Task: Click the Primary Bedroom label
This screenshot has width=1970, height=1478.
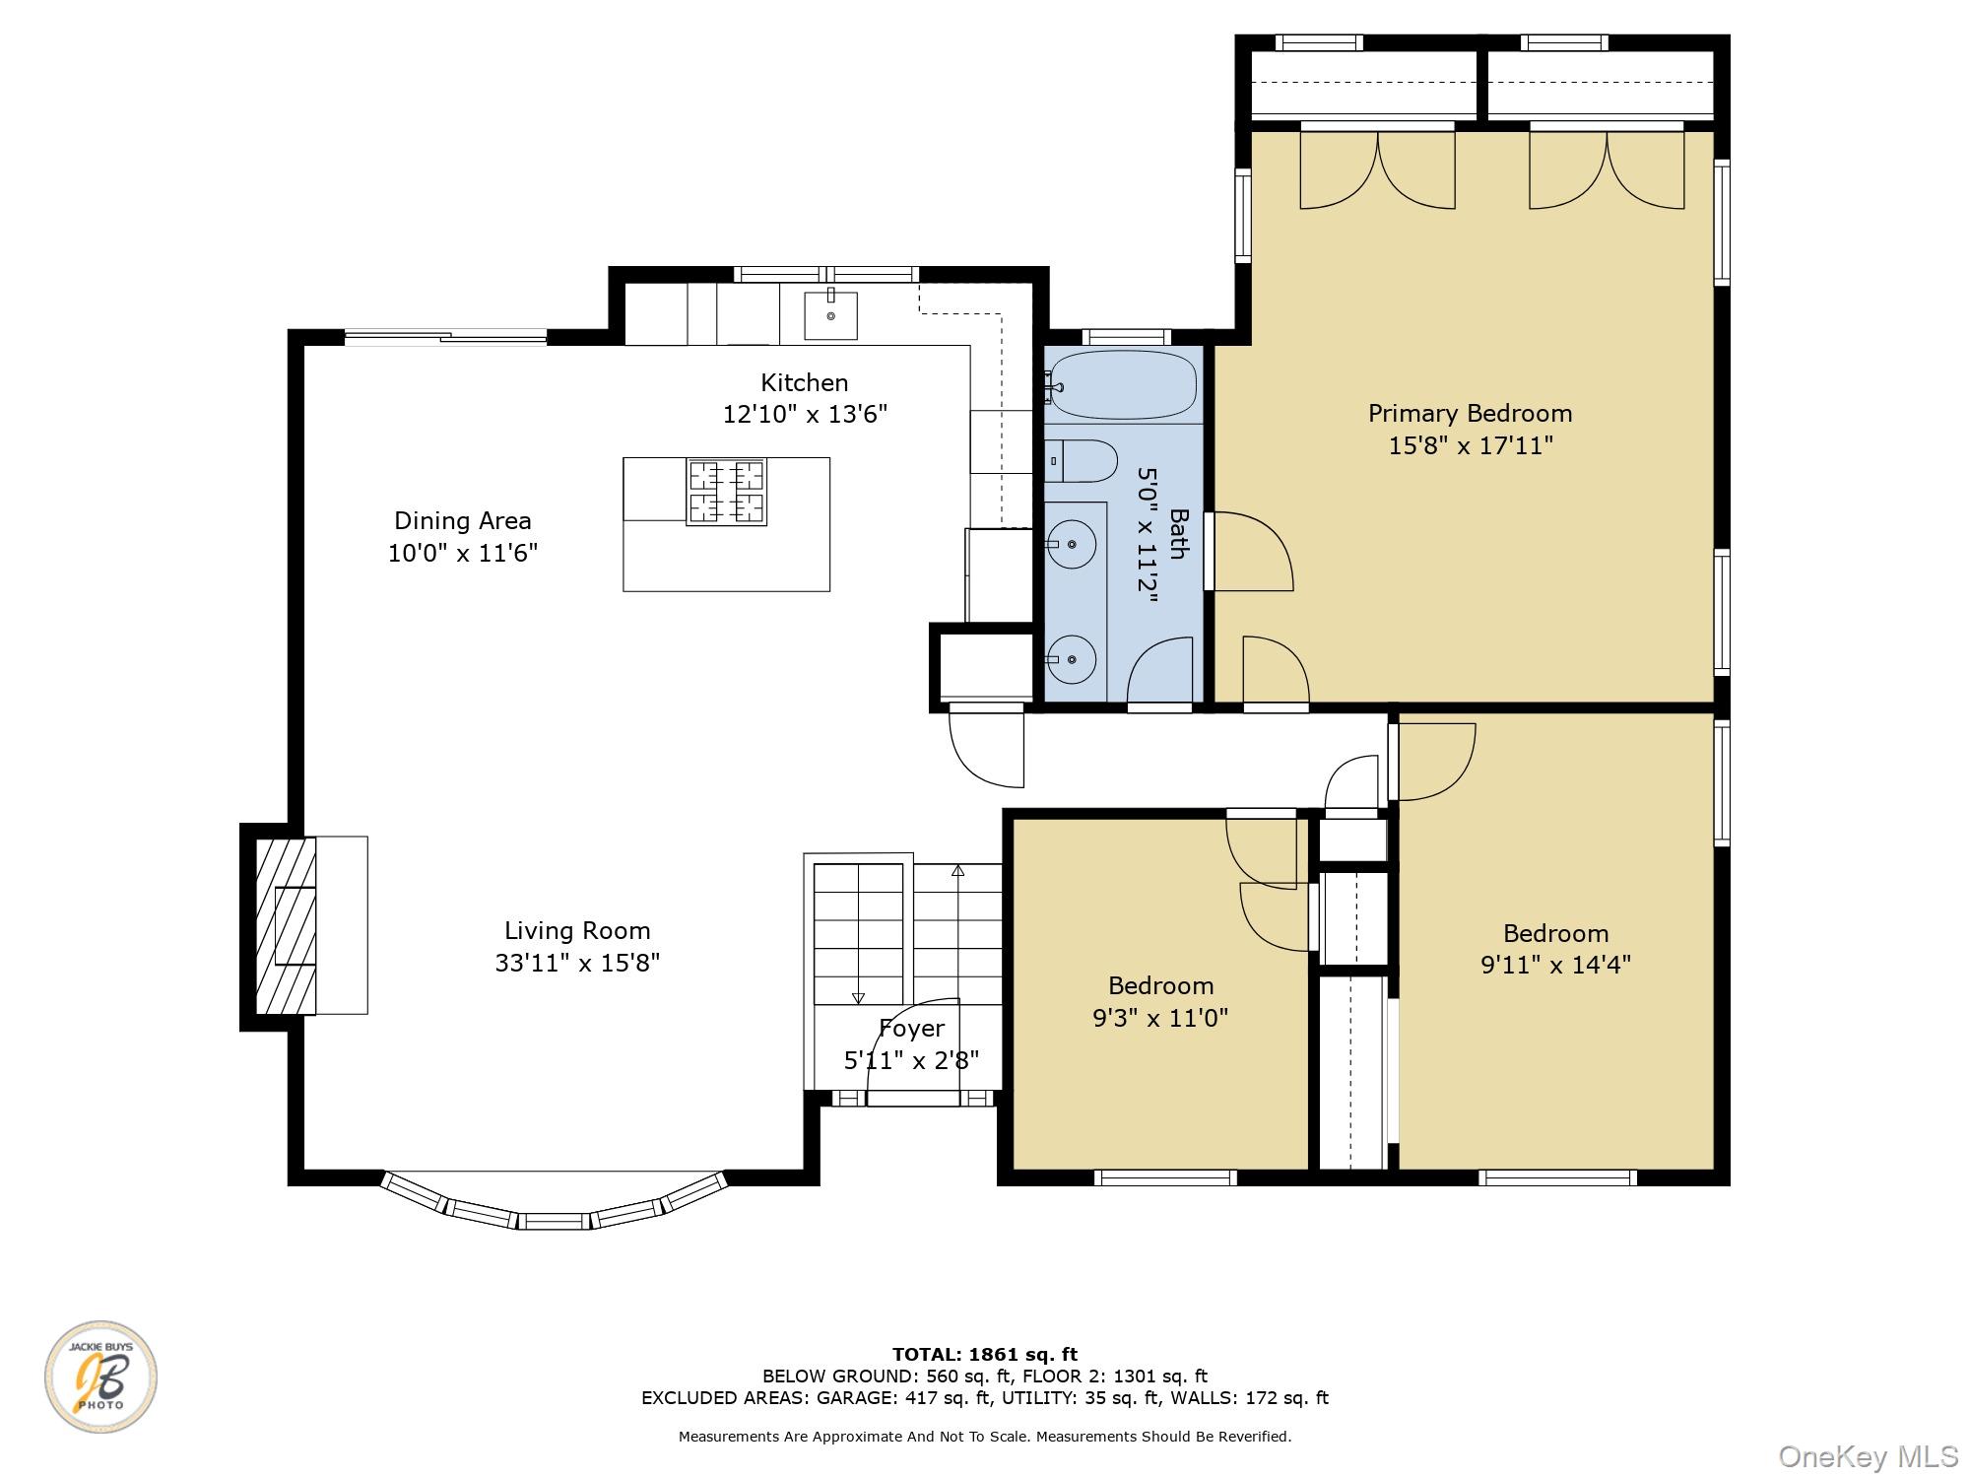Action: click(x=1470, y=413)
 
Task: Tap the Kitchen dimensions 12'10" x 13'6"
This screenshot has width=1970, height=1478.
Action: click(x=805, y=415)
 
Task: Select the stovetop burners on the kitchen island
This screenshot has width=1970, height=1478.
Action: click(x=727, y=492)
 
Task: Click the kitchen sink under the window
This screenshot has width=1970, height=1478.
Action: click(x=830, y=315)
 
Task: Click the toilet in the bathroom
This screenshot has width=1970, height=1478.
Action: click(x=1082, y=461)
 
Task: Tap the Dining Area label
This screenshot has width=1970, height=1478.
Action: click(x=462, y=520)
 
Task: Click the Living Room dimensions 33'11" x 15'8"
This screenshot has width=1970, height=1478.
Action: click(x=577, y=963)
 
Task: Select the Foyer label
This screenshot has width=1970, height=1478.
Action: click(x=911, y=1029)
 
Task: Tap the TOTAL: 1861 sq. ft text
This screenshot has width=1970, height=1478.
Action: click(x=984, y=1355)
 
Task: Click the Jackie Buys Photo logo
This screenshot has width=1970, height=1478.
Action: click(x=100, y=1377)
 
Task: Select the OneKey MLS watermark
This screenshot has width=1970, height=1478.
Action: click(x=1868, y=1456)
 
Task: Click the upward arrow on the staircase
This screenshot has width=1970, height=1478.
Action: click(x=957, y=871)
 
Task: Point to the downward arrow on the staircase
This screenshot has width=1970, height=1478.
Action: click(x=857, y=997)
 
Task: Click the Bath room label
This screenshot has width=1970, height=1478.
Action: click(x=1178, y=533)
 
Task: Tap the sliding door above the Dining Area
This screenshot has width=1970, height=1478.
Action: click(x=445, y=338)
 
